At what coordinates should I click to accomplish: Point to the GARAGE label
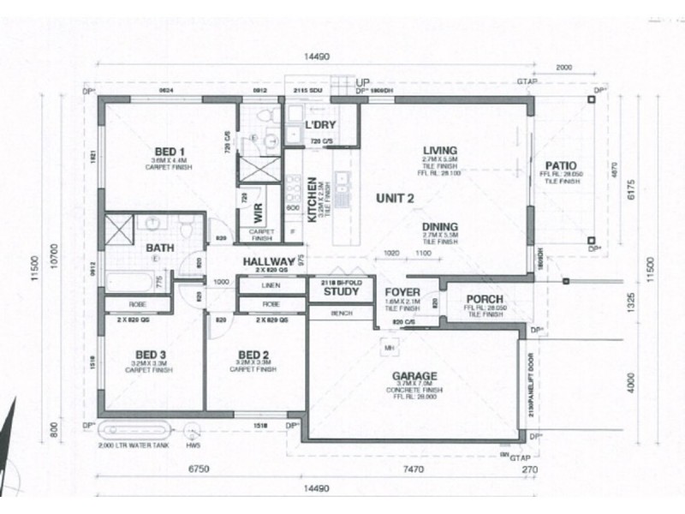[x=414, y=375]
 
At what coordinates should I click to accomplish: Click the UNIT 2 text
[x=396, y=199]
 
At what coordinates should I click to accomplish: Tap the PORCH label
[x=485, y=299]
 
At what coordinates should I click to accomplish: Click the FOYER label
[x=402, y=293]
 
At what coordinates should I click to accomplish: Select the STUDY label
[x=340, y=292]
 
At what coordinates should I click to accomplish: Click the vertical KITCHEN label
[x=312, y=199]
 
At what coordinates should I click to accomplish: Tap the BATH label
[x=160, y=248]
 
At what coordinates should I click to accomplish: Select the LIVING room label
[x=440, y=150]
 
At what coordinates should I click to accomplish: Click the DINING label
[x=440, y=226]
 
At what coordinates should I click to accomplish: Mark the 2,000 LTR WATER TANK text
[x=130, y=446]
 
